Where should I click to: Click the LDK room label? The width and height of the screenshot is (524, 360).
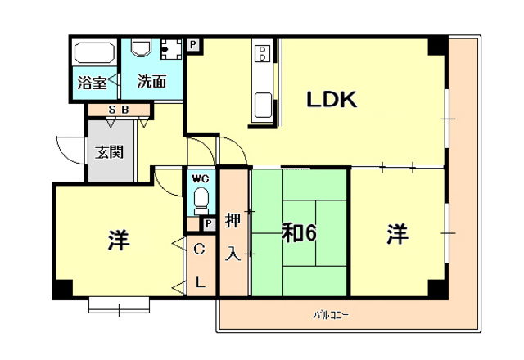(332, 100)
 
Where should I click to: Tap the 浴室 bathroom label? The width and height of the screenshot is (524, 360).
(91, 83)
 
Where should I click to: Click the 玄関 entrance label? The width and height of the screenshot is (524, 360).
(109, 151)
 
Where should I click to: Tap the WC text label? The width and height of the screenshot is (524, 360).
(201, 178)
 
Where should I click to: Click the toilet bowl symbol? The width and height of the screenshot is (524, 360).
(201, 199)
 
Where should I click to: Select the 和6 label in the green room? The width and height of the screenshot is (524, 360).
(300, 233)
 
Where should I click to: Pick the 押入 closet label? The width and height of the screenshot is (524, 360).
(233, 237)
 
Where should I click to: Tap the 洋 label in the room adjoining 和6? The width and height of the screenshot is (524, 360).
(398, 234)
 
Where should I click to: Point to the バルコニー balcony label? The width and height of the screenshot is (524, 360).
(331, 313)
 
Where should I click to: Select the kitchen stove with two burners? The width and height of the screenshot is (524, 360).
(264, 55)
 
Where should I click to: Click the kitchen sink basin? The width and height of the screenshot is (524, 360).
(264, 106)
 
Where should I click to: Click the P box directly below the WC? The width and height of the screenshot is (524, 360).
(209, 223)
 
